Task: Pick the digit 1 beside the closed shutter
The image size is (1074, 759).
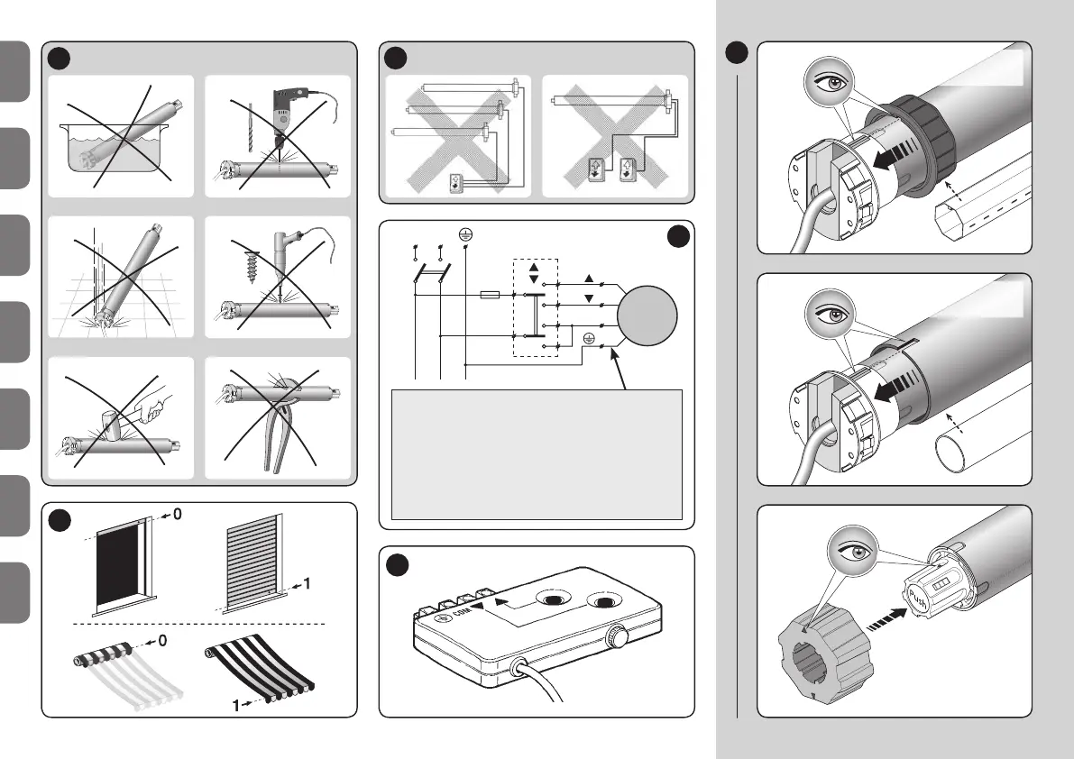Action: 308,584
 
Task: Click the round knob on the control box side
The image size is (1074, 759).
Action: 617,635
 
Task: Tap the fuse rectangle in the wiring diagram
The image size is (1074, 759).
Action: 491,294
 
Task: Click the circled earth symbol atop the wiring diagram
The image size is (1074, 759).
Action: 464,233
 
